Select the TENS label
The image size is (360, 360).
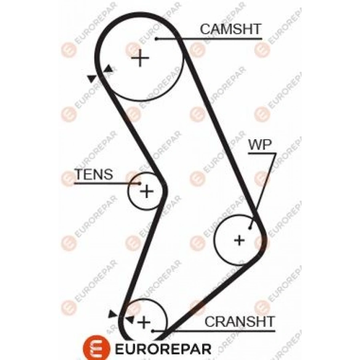coord(94,174)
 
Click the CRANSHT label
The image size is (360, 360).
coord(240,321)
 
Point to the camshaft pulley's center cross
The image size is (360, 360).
coord(140,58)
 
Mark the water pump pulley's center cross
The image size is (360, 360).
coord(239,240)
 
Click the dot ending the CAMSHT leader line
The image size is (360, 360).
coord(158,39)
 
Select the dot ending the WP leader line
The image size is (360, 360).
coord(249,228)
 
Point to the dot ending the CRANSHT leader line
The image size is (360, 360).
coord(152,331)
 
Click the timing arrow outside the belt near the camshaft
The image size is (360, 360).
coord(92,78)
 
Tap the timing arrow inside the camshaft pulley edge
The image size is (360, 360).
coord(108,69)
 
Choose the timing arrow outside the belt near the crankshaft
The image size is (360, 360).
coord(112,315)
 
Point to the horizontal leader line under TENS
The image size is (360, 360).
coord(106,184)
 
